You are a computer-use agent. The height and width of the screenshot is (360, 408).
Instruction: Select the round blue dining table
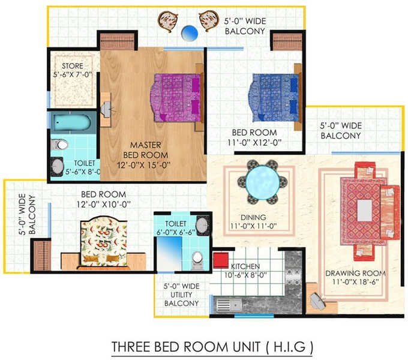(x=263, y=182)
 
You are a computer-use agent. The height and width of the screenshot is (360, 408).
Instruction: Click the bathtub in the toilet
(x=72, y=122)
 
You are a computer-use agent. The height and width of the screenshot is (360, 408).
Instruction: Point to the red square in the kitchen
(x=221, y=260)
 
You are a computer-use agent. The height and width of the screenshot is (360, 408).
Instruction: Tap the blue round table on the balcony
(x=190, y=33)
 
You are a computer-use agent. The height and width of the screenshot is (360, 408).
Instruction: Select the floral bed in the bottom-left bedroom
(x=104, y=242)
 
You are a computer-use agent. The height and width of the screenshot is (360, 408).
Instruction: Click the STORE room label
(x=73, y=66)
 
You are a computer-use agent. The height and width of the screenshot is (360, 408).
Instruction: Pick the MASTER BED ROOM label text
(x=145, y=150)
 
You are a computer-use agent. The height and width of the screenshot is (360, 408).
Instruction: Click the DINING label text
(x=253, y=217)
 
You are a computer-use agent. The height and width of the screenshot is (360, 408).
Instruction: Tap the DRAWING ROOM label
(x=355, y=273)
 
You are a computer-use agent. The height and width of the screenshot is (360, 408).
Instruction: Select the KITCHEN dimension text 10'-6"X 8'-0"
(x=245, y=275)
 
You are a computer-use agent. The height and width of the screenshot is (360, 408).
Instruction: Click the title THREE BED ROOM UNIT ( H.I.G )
(x=212, y=347)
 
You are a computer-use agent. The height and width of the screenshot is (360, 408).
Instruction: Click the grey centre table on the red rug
(x=365, y=210)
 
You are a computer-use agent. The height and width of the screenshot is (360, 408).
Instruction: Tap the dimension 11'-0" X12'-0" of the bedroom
(x=254, y=143)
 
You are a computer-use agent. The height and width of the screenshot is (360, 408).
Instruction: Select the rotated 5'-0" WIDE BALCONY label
(x=27, y=214)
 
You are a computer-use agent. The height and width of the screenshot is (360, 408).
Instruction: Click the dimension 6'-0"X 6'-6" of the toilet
(x=176, y=232)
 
